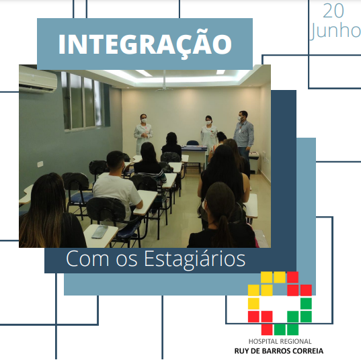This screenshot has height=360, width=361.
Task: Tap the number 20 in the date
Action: click(333, 11)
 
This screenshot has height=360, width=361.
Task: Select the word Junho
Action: click(335, 31)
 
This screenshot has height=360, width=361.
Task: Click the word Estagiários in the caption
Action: click(194, 259)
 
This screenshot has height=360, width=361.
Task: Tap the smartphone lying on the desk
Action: click(99, 232)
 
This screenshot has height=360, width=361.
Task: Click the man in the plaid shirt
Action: click(243, 134)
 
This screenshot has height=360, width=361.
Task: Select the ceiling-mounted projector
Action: click(164, 87)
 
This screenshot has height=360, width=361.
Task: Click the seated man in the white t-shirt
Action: click(117, 184)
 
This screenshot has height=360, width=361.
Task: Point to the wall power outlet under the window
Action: click(40, 164)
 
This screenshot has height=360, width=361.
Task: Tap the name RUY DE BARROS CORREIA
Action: click(279, 351)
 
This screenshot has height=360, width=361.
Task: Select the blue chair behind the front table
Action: click(192, 143)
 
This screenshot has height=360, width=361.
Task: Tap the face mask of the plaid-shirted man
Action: click(240, 118)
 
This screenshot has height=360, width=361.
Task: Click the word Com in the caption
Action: click(87, 259)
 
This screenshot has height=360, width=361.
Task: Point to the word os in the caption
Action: click(126, 261)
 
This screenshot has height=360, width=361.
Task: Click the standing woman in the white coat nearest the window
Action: click(143, 134)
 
